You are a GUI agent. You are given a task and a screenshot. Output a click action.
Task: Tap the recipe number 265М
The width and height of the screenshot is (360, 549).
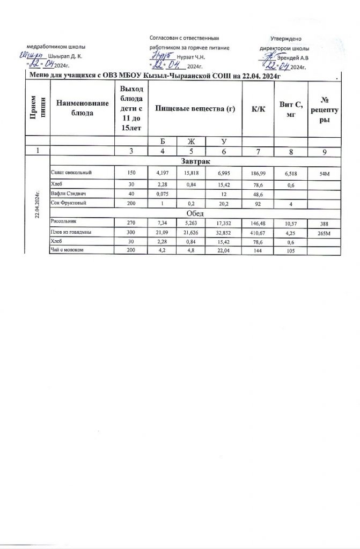(324, 233)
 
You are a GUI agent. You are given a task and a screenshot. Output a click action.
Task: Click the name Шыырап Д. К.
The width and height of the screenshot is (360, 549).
(64, 56)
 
